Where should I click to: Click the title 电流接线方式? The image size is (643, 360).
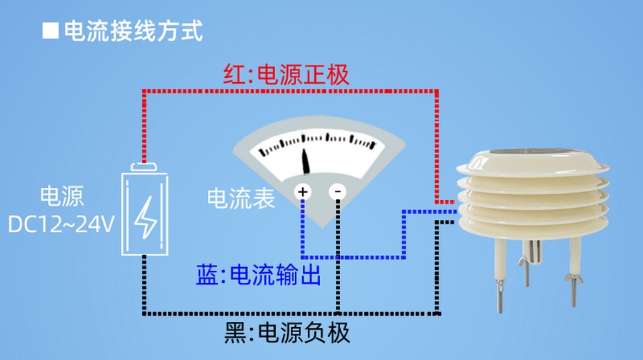pos(134,31)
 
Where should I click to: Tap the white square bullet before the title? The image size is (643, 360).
pos(50,31)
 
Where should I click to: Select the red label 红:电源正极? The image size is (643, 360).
pos(286,74)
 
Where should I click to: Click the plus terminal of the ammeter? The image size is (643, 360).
pos(303,191)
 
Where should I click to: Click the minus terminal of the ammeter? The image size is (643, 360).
pos(337,191)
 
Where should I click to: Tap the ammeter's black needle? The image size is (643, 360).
pos(306,161)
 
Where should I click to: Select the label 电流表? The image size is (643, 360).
pos(241,199)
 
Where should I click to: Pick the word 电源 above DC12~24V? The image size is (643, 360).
pos(61,196)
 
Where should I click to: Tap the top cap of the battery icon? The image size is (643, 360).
pos(145,166)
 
